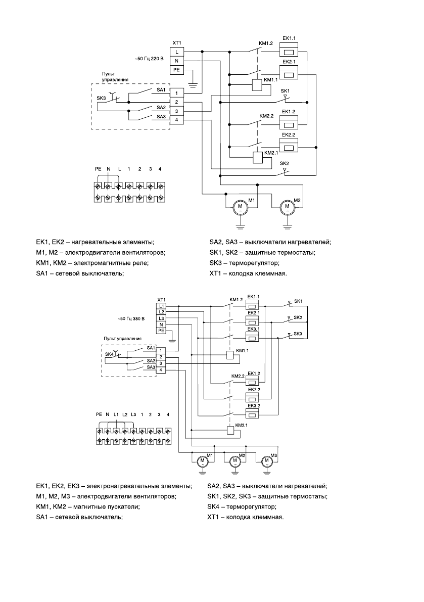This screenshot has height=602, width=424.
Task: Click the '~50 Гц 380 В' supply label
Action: (131, 319)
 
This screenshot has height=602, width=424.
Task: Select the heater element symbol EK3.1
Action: (252, 338)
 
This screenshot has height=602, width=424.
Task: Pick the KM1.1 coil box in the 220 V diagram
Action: (257, 85)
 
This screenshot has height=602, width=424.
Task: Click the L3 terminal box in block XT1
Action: (162, 318)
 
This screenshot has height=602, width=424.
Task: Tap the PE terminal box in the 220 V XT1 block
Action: (177, 70)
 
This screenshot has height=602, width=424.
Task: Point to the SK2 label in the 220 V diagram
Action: (284, 164)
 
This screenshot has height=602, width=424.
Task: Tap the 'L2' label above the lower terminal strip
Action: (125, 414)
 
